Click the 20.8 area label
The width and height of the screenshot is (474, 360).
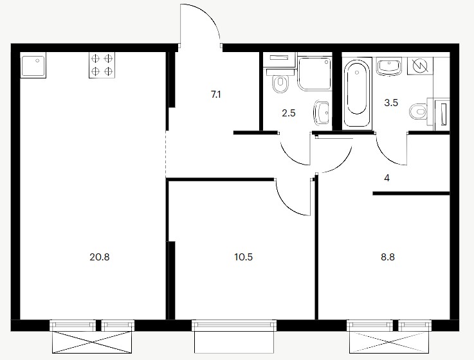(x=100, y=257)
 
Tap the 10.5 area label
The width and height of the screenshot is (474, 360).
(x=243, y=257)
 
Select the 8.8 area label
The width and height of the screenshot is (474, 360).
(x=388, y=257)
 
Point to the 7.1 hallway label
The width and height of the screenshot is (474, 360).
(x=216, y=95)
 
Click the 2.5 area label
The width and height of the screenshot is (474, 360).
(x=289, y=113)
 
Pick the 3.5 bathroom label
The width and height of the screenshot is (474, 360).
(x=391, y=103)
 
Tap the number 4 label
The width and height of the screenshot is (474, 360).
(x=387, y=178)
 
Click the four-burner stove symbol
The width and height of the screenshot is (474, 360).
(x=102, y=65)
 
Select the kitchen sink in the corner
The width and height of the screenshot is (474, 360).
(x=33, y=65)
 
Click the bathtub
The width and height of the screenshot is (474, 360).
(x=357, y=93)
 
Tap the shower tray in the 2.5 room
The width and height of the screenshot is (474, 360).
(x=314, y=73)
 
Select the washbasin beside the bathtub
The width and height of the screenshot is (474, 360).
(x=389, y=67)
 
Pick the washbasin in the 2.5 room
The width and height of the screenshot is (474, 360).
(x=322, y=113)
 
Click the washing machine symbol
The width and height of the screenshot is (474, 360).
(x=420, y=66)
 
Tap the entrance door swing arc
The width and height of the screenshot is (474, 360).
(x=208, y=15)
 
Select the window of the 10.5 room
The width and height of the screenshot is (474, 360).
(x=234, y=325)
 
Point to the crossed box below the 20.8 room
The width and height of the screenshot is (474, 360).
(x=92, y=342)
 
